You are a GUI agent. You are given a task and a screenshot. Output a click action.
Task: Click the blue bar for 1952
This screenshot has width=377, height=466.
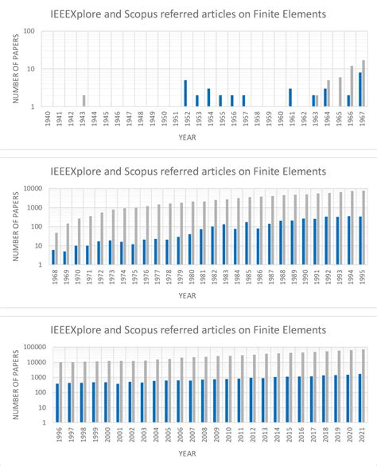185,94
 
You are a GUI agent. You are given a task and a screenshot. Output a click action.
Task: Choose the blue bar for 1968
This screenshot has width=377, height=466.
53,257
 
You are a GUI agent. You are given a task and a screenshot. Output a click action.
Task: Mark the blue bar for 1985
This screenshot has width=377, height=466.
247,244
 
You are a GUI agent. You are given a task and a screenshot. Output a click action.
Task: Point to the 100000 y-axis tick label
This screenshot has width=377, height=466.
30,346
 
